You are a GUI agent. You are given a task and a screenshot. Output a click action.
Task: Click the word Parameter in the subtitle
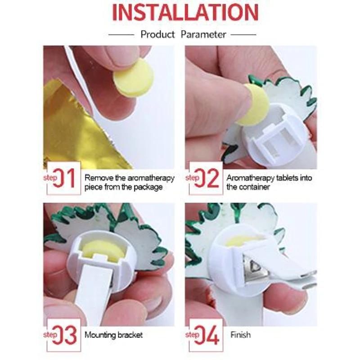point(203,34)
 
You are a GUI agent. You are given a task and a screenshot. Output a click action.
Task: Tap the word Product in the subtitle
point(157,34)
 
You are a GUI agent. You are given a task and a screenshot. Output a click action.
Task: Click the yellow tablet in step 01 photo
point(133,78)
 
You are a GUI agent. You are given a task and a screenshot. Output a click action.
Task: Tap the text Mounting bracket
point(113,335)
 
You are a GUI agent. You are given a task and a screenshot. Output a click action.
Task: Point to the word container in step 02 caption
point(254,187)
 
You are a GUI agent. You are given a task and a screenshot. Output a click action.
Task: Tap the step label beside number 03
point(50,335)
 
